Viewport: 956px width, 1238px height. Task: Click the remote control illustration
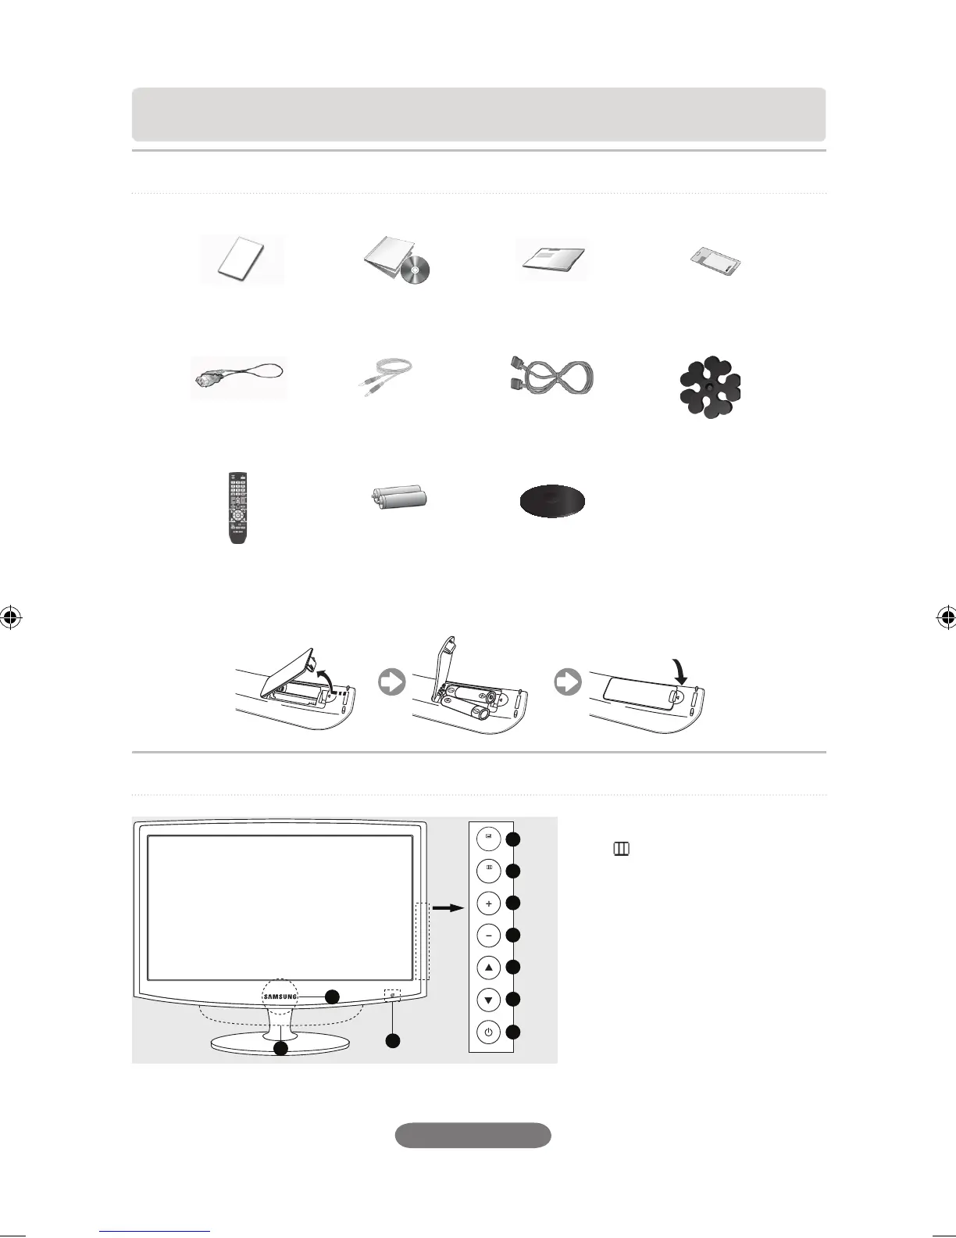(x=237, y=507)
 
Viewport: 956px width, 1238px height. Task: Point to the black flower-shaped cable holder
(x=709, y=387)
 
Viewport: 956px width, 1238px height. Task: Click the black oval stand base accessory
(x=553, y=502)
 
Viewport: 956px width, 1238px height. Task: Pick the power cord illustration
(x=238, y=378)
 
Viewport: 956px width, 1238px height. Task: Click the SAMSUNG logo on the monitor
(x=280, y=996)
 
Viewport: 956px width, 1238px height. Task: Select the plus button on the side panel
(x=489, y=903)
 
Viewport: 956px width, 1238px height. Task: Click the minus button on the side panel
(x=489, y=936)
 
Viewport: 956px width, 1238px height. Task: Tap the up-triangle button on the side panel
(x=489, y=968)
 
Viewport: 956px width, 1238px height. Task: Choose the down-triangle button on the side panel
(x=489, y=1000)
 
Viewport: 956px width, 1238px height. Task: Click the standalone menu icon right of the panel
(x=622, y=849)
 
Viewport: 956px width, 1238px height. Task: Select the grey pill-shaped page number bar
(x=473, y=1135)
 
